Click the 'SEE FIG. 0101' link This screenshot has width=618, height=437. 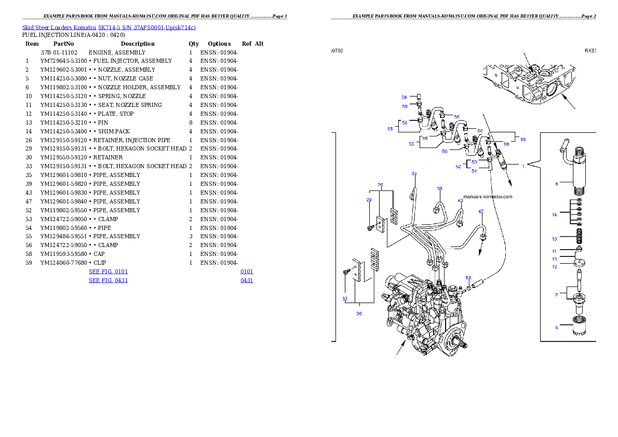pyautogui.click(x=108, y=271)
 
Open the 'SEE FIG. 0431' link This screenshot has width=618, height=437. pyautogui.click(x=108, y=280)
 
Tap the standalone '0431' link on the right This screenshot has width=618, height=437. pyautogui.click(x=247, y=280)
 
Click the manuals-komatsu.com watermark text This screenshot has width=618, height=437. pyautogui.click(x=488, y=197)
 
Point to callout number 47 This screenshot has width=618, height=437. pyautogui.click(x=481, y=211)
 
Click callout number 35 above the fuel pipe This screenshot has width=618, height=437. pyautogui.click(x=414, y=173)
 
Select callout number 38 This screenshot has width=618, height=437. pyautogui.click(x=439, y=189)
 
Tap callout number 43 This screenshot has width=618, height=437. pyautogui.click(x=460, y=200)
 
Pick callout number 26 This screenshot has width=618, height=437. pyautogui.click(x=380, y=185)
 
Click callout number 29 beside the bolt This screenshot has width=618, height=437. pyautogui.click(x=369, y=199)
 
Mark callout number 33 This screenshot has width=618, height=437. pyautogui.click(x=344, y=298)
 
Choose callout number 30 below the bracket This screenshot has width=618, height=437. pyautogui.click(x=359, y=313)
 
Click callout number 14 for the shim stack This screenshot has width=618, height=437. pyautogui.click(x=554, y=214)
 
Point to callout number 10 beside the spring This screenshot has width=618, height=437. pyautogui.click(x=554, y=239)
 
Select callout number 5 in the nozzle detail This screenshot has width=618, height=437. pyautogui.click(x=556, y=327)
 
